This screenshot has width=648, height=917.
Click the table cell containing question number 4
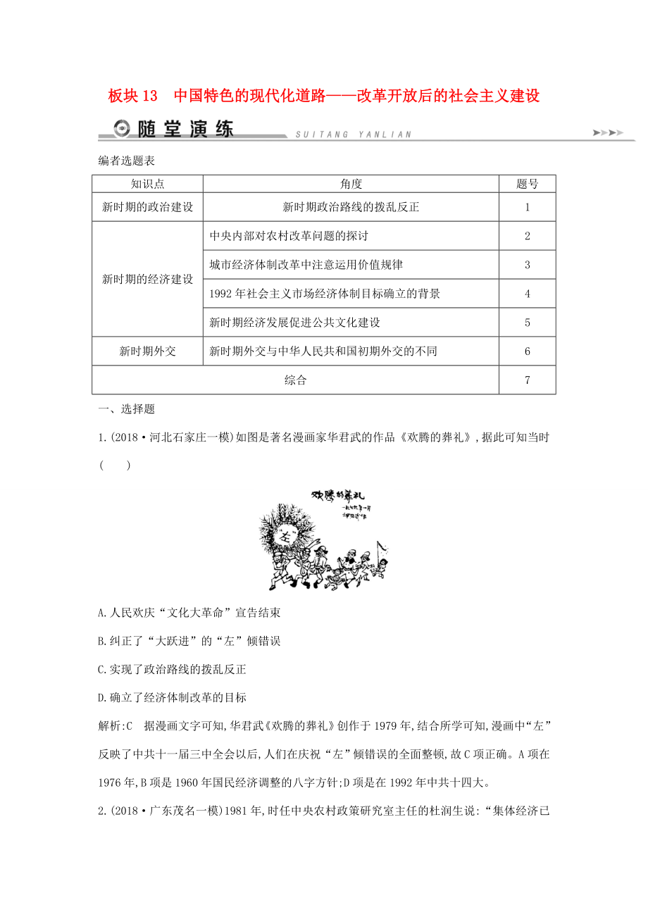[527, 294]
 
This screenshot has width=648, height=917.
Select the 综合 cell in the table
[295, 380]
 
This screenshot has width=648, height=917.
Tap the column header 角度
[350, 184]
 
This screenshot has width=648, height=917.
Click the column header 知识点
[147, 184]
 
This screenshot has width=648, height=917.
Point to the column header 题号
[527, 184]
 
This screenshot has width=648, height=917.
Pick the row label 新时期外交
[147, 351]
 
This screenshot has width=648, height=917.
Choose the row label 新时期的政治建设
[147, 207]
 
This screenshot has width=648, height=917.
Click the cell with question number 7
[527, 380]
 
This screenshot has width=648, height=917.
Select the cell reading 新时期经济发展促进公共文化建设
[295, 323]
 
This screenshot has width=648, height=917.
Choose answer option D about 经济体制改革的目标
[172, 698]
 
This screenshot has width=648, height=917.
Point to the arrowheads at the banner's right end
[609, 132]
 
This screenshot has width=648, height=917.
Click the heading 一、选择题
[126, 409]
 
